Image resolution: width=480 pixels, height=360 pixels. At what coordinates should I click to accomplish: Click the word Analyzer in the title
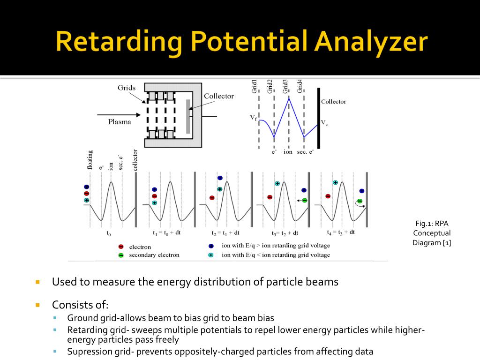point(371,42)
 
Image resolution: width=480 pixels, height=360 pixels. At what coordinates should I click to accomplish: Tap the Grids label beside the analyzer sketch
point(127,88)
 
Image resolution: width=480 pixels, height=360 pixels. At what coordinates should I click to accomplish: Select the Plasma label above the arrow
point(120,121)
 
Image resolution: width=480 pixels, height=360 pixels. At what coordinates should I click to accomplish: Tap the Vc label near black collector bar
point(324,123)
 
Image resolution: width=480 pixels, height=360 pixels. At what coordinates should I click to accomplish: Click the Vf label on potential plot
point(253,118)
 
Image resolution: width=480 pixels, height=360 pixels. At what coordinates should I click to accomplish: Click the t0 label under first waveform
point(109,233)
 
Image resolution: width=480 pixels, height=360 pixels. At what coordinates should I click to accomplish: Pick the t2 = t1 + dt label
point(225,232)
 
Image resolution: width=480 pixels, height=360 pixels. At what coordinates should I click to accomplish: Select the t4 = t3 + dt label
point(341,232)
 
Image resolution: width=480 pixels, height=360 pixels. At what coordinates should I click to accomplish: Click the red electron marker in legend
point(121,247)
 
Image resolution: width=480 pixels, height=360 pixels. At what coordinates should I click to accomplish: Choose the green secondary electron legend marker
point(121,255)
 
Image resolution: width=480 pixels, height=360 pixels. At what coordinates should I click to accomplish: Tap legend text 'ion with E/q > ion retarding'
point(276,246)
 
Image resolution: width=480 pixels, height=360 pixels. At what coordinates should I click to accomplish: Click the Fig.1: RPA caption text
point(432,224)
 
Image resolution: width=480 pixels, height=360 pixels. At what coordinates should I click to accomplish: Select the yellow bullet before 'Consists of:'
point(38,305)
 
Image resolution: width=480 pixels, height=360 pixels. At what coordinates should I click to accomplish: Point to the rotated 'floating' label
point(90,159)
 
